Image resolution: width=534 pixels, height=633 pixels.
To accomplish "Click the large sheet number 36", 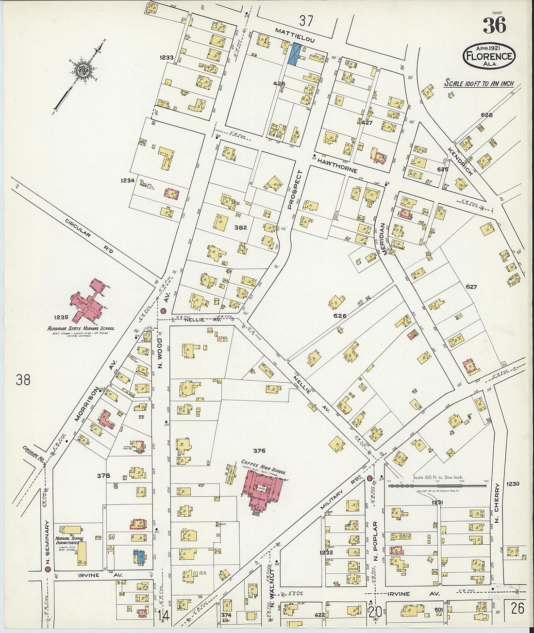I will click(x=494, y=25).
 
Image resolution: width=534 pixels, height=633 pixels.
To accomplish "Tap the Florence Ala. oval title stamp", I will click(x=488, y=56).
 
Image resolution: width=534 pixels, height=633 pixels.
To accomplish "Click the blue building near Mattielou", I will click(x=294, y=54).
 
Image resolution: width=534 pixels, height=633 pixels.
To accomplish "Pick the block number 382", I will click(x=241, y=227).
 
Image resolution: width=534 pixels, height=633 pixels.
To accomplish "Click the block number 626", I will click(x=339, y=316).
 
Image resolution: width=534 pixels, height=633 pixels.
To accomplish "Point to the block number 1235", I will click(x=61, y=317).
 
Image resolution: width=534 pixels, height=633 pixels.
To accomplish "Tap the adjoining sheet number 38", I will click(x=23, y=380).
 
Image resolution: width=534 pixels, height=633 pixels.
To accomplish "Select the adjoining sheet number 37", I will click(x=306, y=21).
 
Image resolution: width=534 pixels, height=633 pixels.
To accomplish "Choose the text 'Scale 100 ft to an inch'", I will click(x=479, y=83).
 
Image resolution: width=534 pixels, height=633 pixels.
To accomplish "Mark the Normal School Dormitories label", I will click(x=69, y=540).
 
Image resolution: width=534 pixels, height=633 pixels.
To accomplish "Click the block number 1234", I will click(x=128, y=180).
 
